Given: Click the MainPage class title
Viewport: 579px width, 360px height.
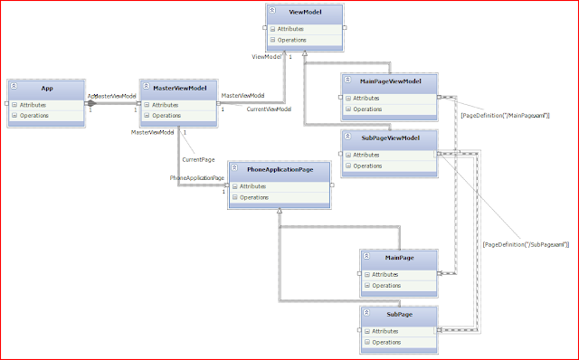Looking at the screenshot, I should tap(398, 258).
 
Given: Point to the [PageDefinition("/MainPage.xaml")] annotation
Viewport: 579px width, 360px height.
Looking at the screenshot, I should tap(505, 116).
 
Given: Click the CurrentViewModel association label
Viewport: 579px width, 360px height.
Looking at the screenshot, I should tap(269, 109).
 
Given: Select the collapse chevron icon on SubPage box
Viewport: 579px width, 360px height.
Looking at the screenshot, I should tap(365, 311).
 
